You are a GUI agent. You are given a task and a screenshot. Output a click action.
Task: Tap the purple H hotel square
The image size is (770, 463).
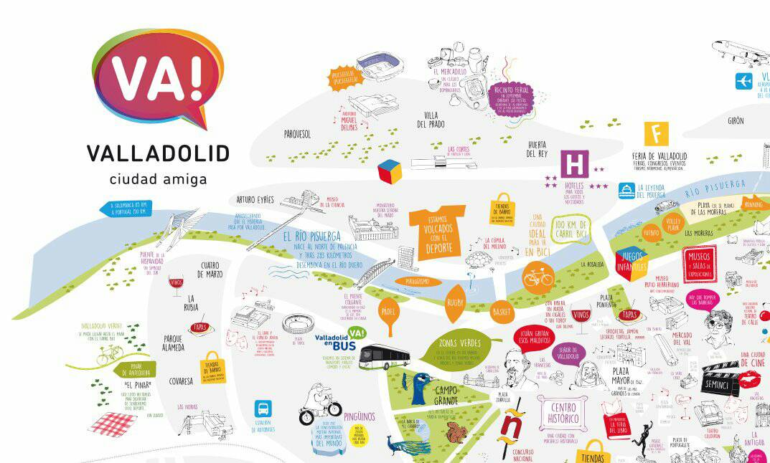pyautogui.click(x=574, y=164)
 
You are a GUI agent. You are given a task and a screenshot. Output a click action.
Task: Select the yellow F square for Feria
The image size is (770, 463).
pyautogui.click(x=656, y=134)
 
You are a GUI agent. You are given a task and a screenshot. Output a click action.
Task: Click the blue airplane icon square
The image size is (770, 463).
pyautogui.click(x=743, y=81)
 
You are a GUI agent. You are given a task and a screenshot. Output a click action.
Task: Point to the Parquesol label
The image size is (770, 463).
pyautogui.click(x=296, y=133)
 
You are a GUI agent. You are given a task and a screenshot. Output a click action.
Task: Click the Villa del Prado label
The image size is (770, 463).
pyautogui.click(x=431, y=120)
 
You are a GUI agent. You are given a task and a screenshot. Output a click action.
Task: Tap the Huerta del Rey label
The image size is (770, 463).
pyautogui.click(x=537, y=148)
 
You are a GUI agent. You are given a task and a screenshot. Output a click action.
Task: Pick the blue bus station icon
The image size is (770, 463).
pyautogui.click(x=263, y=409)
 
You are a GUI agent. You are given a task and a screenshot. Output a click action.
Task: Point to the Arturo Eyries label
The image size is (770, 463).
pyautogui.click(x=255, y=199)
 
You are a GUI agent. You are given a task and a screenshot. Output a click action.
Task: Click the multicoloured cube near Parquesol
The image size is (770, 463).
pyautogui.click(x=390, y=171)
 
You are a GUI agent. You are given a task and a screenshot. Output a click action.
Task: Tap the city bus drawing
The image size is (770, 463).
pyautogui.click(x=384, y=356)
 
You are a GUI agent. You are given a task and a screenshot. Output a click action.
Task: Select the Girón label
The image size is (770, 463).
pyautogui.click(x=736, y=121)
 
